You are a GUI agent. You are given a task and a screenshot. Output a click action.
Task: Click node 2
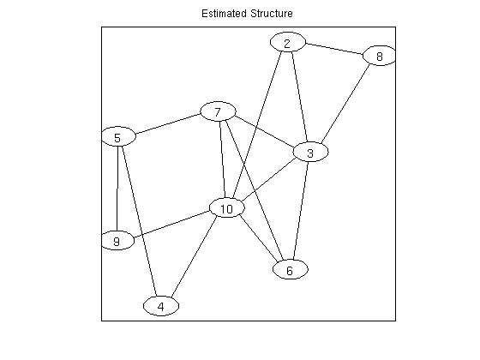point(287,42)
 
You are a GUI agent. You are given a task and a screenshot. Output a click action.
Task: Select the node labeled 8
point(379,56)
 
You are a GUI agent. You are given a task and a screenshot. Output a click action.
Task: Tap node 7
point(218,111)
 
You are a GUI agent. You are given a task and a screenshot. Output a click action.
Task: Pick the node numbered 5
point(118,136)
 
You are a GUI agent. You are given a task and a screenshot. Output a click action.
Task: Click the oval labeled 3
point(310,152)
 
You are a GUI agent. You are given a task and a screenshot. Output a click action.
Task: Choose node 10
point(227,207)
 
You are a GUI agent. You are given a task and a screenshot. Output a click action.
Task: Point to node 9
point(117,241)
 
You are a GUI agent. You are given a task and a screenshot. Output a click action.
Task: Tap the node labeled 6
point(291,269)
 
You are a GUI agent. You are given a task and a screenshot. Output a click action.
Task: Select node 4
point(161,306)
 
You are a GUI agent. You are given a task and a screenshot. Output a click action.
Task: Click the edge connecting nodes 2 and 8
point(334,49)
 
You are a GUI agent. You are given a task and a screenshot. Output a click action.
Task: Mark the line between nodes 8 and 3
point(345,104)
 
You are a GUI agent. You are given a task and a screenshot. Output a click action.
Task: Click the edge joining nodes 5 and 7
point(168,124)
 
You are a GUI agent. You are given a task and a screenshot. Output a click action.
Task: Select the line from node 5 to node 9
point(117,189)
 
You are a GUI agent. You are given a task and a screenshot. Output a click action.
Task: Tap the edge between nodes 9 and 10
point(171,224)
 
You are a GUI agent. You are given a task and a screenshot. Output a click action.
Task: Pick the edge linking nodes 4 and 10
point(194,257)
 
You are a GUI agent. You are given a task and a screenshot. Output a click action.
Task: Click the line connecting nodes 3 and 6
point(301,211)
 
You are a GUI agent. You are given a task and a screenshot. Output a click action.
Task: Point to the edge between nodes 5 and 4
point(140,221)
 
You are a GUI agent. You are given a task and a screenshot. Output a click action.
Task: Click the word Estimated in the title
point(224,14)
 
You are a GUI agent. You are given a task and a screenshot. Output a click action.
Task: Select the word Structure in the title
point(271,14)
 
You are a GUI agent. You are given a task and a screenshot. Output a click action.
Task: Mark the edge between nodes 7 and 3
point(265,130)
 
